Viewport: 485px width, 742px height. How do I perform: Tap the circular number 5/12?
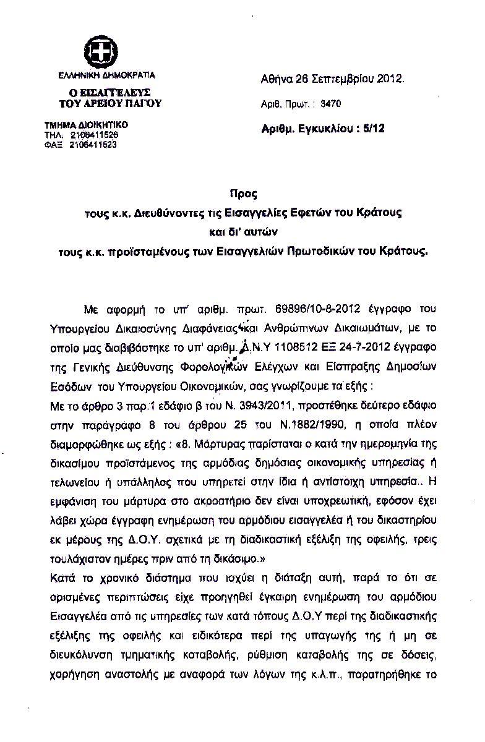coord(374,129)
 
